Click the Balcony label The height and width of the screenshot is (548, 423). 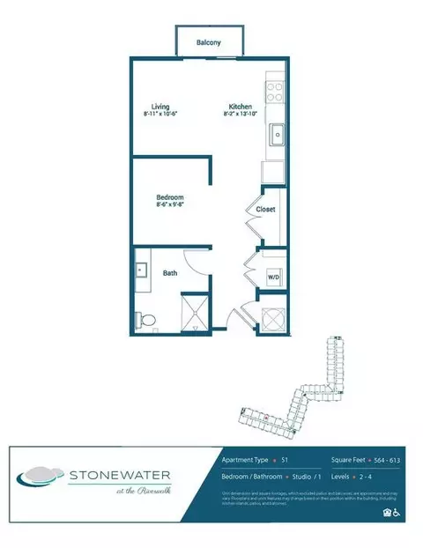[208, 41]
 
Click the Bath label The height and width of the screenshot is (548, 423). [170, 273]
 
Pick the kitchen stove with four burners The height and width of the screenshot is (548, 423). [273, 89]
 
